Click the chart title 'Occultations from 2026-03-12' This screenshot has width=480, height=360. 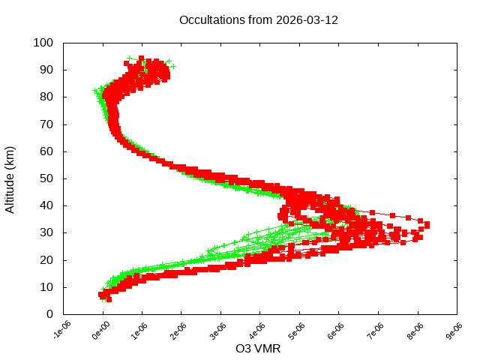pyautogui.click(x=259, y=20)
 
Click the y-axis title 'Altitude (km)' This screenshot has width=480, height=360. pyautogui.click(x=10, y=178)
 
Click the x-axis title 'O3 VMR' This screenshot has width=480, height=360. pyautogui.click(x=258, y=348)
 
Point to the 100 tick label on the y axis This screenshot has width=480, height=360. pyautogui.click(x=43, y=43)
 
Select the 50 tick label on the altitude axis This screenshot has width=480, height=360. pyautogui.click(x=46, y=178)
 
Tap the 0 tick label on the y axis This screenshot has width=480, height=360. pyautogui.click(x=49, y=313)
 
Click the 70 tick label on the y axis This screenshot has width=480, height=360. pyautogui.click(x=46, y=124)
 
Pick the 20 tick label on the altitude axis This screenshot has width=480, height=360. pyautogui.click(x=46, y=259)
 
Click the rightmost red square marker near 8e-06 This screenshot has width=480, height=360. pyautogui.click(x=427, y=224)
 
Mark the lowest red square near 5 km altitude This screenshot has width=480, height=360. pyautogui.click(x=109, y=298)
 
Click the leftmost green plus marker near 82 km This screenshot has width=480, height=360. pyautogui.click(x=95, y=91)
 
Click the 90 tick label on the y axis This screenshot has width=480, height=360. pyautogui.click(x=46, y=70)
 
